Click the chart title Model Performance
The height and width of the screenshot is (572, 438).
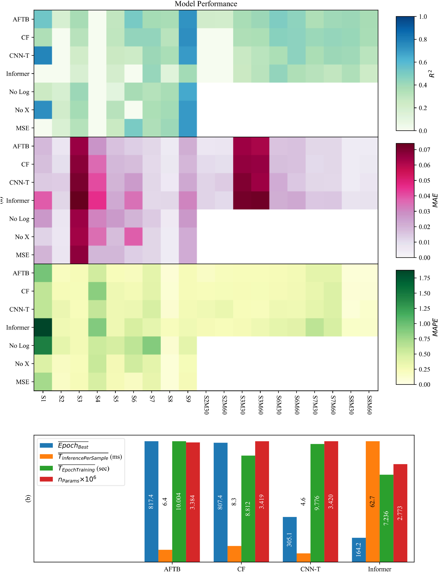coord(206,4)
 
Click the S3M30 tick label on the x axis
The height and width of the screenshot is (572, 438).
coord(242,405)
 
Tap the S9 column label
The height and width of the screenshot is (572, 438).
coord(188,399)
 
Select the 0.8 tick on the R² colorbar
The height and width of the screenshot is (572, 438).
coord(423,39)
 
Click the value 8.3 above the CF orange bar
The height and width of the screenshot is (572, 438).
coord(234,502)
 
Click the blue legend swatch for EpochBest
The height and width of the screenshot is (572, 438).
coord(46,445)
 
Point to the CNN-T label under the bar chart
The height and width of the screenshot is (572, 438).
coord(310,569)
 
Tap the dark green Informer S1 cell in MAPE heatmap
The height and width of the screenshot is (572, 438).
coord(43,327)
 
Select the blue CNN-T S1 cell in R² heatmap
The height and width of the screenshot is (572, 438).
coord(43,55)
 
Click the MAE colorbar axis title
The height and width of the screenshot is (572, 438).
coord(435,200)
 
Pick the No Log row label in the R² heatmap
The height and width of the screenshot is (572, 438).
coord(19,92)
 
